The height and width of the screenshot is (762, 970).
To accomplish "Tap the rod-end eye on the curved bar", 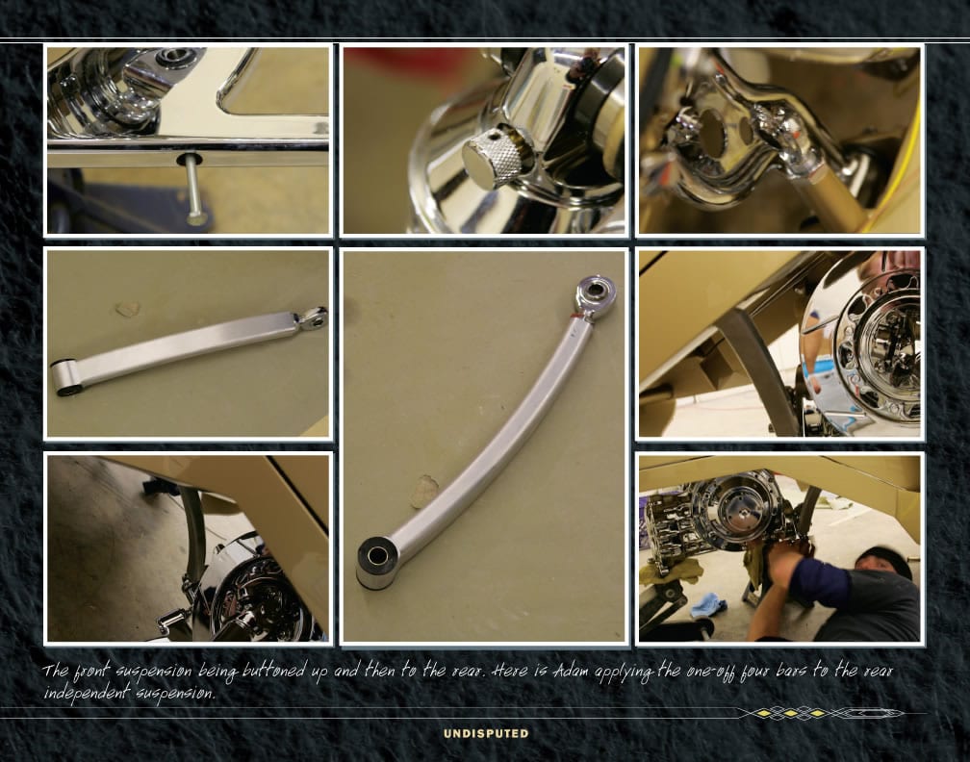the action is click(595, 292).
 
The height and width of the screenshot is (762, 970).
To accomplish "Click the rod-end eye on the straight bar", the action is click(313, 317).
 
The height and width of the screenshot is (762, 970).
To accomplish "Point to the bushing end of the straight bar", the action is click(64, 377).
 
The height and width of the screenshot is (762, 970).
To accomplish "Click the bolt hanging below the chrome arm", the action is click(193, 190).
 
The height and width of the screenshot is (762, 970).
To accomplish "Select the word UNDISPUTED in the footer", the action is click(486, 733).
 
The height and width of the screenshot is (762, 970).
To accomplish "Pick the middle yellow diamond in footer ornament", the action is click(791, 714).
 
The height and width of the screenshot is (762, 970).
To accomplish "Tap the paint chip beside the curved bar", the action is click(424, 491).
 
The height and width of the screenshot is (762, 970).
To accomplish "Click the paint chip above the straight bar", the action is click(128, 309).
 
